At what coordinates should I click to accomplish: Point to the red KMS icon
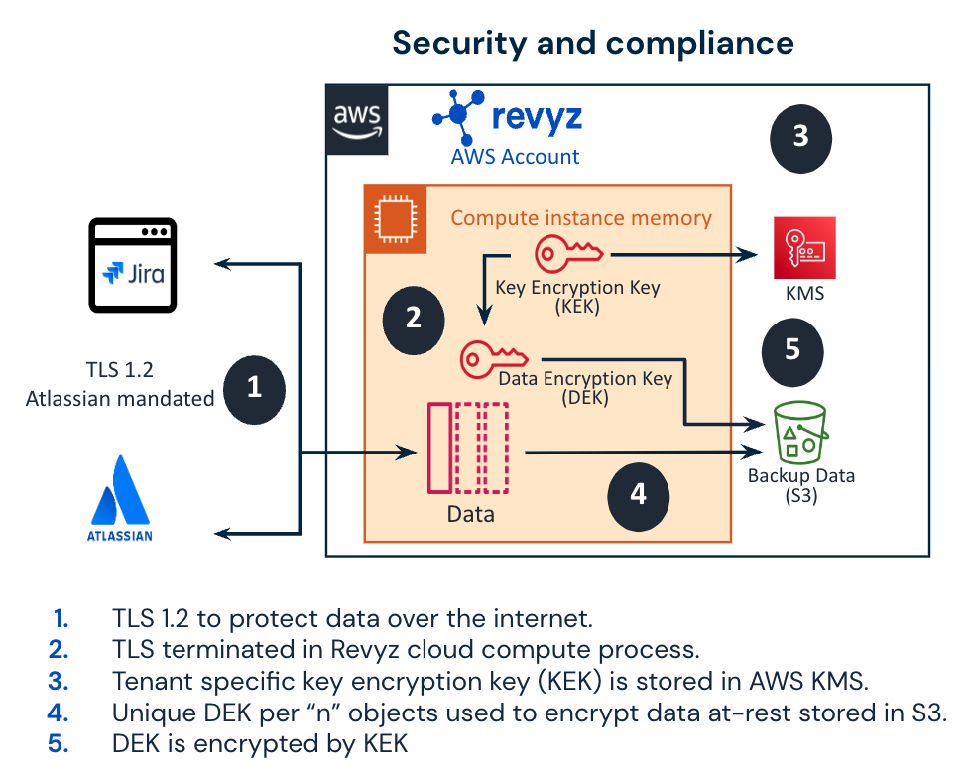click(804, 249)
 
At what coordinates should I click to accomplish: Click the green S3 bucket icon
click(800, 433)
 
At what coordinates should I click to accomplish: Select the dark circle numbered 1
click(254, 387)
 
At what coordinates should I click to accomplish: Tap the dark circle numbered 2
click(414, 318)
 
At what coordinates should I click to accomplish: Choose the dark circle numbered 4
click(639, 493)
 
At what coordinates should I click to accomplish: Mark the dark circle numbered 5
click(791, 349)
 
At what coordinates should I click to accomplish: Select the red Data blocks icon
click(467, 448)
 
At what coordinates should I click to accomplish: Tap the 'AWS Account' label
click(516, 157)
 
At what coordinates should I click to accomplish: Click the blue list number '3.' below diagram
click(60, 682)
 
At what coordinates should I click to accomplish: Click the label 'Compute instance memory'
click(581, 218)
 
